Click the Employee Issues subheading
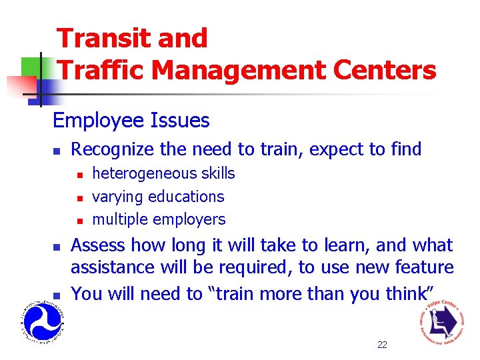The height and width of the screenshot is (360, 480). point(131,121)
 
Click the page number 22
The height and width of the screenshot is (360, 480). point(382,345)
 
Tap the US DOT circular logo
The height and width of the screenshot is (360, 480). point(42,321)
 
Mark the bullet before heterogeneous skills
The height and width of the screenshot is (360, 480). point(79,175)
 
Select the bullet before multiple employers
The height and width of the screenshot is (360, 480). point(79,220)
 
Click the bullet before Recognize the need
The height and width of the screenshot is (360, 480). point(57,151)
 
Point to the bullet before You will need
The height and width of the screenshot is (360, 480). point(57,295)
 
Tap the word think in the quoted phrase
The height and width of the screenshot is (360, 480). point(408,293)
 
